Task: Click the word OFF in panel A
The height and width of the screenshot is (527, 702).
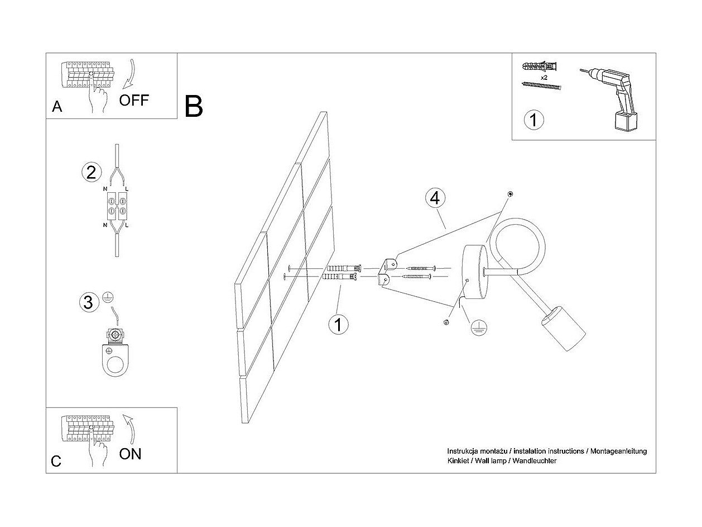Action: (x=134, y=100)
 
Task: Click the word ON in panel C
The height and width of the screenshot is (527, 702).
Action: (x=130, y=454)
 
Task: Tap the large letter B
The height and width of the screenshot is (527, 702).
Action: (x=194, y=106)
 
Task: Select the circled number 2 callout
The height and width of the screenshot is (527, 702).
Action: (x=92, y=172)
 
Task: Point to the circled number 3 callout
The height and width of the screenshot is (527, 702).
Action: (x=89, y=302)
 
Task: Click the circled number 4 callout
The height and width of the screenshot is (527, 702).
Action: (x=435, y=198)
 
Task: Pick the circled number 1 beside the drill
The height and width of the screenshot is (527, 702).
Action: (x=533, y=120)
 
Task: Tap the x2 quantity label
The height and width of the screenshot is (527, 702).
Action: (x=544, y=78)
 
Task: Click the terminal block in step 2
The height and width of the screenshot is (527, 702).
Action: (x=117, y=206)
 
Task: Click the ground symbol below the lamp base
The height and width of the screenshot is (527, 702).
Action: (x=478, y=327)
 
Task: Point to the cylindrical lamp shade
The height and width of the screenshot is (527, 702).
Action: (x=564, y=328)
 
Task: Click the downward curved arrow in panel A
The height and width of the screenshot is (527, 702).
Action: (x=130, y=74)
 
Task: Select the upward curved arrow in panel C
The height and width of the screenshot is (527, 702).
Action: (x=130, y=429)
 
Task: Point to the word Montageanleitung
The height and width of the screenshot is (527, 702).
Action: (x=618, y=452)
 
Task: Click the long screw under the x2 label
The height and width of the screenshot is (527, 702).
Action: (x=541, y=86)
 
